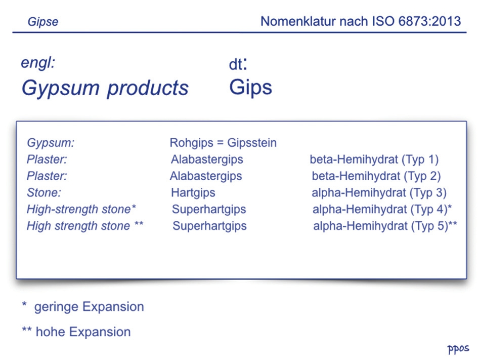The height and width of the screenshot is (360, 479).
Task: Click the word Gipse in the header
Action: point(43,22)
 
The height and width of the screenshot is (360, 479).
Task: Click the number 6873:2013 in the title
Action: point(429,21)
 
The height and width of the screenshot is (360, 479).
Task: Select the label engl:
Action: point(38,63)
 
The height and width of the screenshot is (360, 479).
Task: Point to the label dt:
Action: point(238,64)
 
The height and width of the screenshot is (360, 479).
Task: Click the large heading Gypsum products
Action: point(105,89)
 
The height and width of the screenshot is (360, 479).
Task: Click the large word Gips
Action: point(250,88)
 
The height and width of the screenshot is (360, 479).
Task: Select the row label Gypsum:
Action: point(51,143)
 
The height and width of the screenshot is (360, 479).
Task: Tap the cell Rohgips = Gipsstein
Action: point(223,143)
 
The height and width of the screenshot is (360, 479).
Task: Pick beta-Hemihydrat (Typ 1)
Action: point(374,159)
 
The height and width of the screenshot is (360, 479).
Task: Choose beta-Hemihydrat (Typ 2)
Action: point(376,176)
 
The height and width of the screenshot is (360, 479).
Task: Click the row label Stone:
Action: point(44,193)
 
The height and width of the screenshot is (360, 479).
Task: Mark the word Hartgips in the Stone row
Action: point(193,193)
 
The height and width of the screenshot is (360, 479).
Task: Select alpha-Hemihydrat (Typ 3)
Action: point(379,193)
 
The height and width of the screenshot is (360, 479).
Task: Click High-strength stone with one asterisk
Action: point(81,209)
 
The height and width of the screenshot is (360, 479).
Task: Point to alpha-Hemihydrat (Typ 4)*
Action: point(382,209)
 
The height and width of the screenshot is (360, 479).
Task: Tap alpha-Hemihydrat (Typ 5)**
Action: point(385,226)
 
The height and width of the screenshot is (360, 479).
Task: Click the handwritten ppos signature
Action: point(458,349)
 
